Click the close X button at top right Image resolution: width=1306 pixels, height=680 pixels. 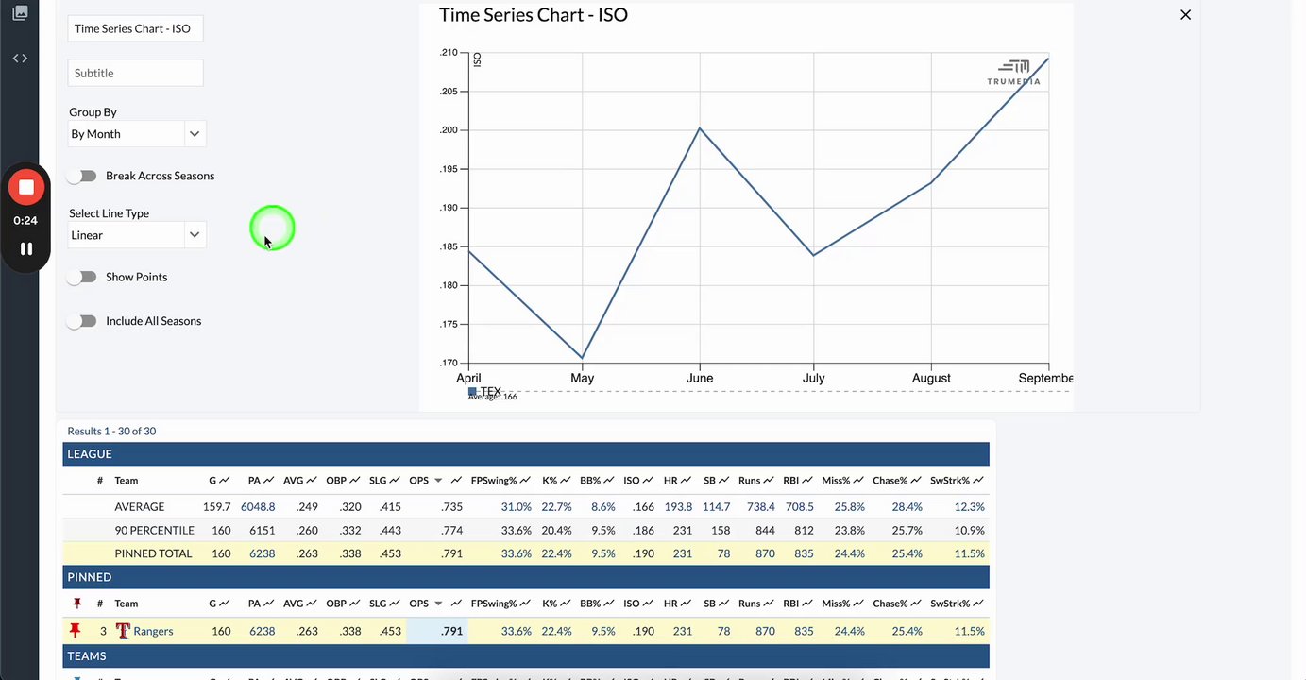point(1186,15)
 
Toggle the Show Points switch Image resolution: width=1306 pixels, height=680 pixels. point(83,277)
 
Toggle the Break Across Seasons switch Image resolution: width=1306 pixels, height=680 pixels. point(83,176)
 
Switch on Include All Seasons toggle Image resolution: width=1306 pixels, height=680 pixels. point(83,321)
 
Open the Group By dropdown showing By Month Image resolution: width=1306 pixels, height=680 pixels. point(137,134)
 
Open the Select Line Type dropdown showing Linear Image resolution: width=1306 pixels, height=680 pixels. point(137,235)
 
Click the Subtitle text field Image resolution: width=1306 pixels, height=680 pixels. point(135,73)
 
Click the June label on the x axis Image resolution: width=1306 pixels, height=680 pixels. point(700,378)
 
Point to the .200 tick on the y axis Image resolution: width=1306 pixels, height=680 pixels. point(449,130)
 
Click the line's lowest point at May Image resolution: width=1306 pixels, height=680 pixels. point(583,358)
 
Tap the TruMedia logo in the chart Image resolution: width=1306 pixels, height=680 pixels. point(1014,72)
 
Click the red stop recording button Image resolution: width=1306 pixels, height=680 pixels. point(26,187)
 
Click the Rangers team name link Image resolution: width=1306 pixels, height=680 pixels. point(153,631)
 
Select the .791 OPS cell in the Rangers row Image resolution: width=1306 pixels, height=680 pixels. point(452,631)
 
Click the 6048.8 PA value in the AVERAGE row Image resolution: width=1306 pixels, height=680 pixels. point(258,507)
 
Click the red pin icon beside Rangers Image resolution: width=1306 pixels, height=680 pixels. point(76,631)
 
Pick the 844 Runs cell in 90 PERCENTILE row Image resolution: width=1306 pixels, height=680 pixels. point(765,531)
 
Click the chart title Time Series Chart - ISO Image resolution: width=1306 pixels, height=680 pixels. point(534,15)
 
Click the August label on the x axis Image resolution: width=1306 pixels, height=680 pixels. point(931,378)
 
